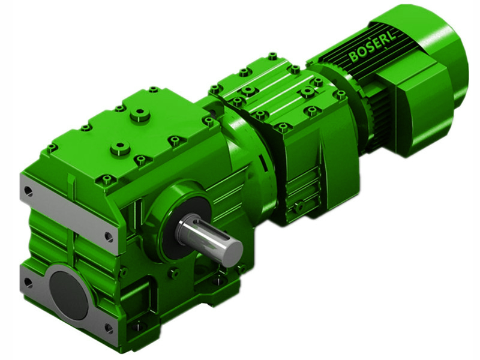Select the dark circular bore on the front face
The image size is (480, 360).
point(68,294)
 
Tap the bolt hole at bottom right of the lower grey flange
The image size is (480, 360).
point(108,328)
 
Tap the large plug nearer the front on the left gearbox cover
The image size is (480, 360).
point(121,147)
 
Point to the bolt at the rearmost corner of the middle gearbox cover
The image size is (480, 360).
point(272,56)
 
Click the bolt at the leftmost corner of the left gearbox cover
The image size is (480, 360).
point(52,147)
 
